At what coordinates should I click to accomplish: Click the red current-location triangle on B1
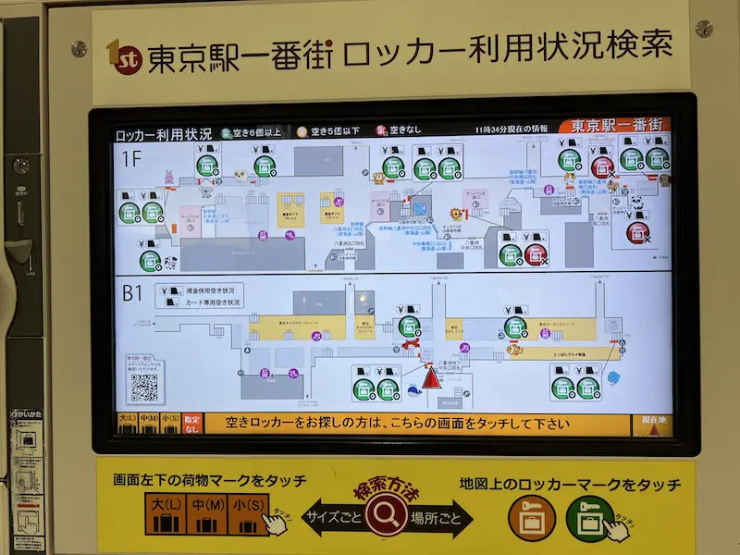[431, 377]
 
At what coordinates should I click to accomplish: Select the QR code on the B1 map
[143, 388]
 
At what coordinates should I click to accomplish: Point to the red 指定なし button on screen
[191, 425]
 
